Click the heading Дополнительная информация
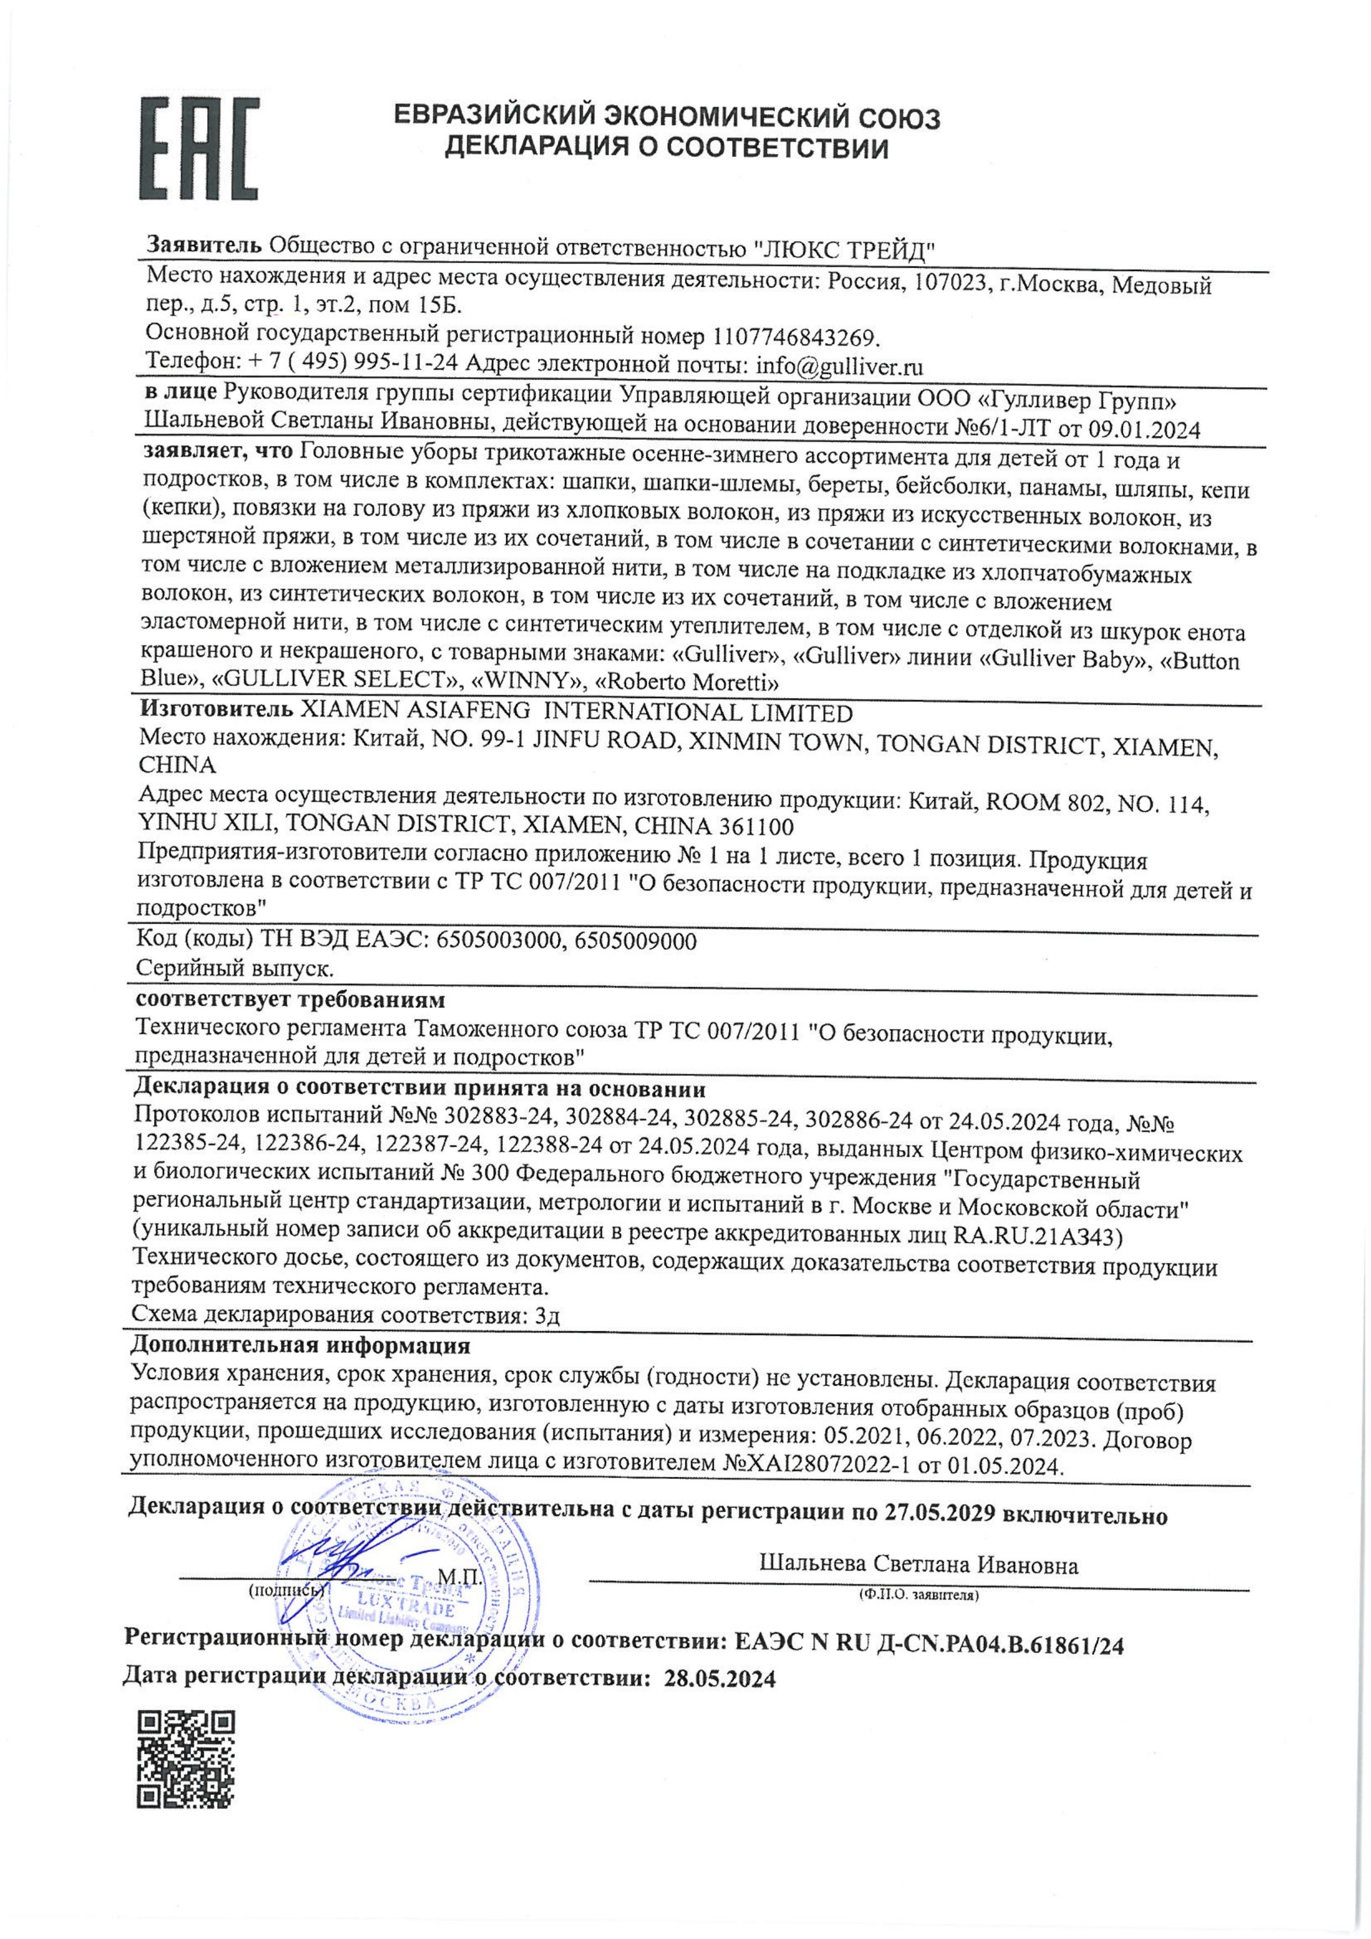tap(301, 1345)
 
